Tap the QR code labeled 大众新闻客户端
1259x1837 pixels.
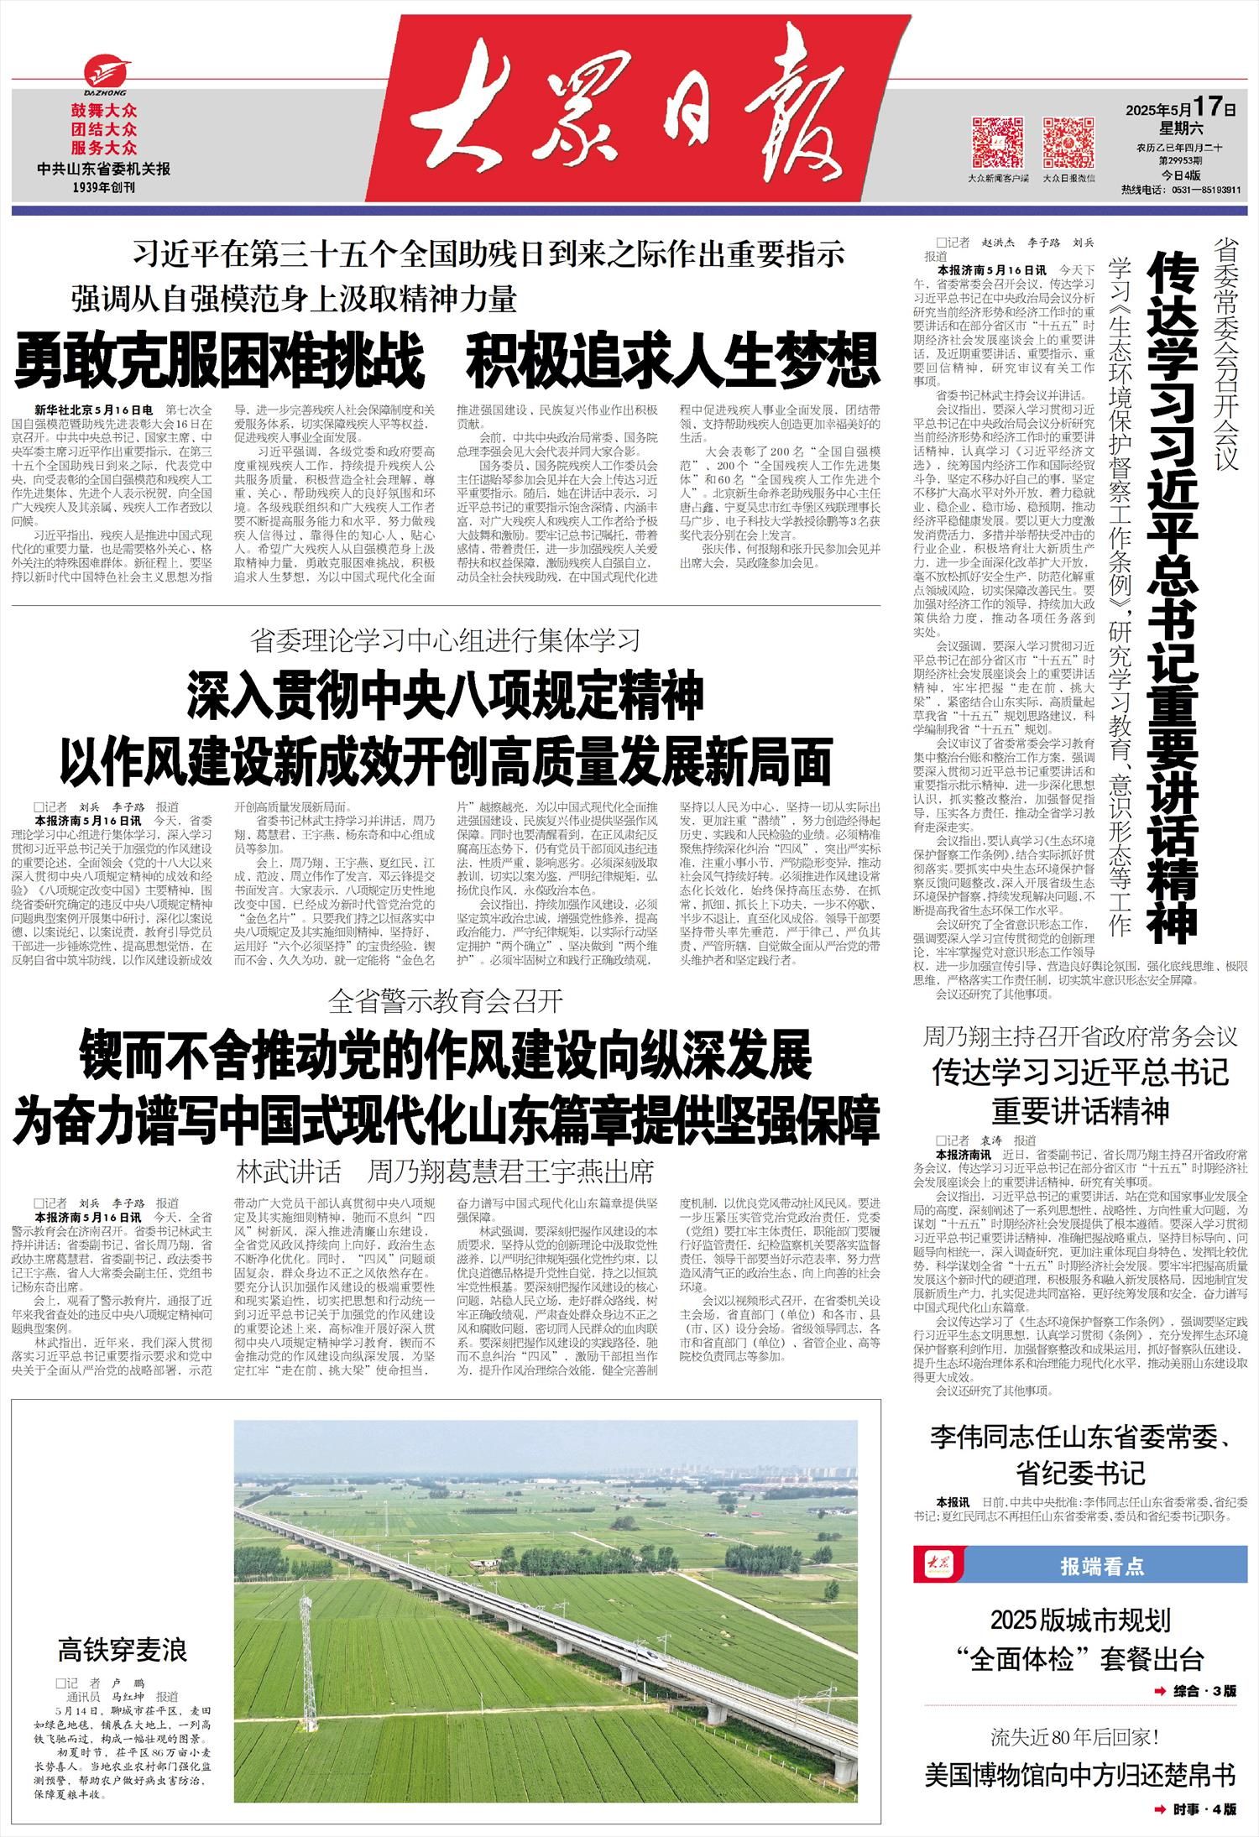998,142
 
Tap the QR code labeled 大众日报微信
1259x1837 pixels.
1068,142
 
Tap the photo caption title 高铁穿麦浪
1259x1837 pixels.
123,1650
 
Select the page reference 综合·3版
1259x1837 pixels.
1204,1690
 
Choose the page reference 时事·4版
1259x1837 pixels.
1204,1808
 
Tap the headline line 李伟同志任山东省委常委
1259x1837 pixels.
1080,1438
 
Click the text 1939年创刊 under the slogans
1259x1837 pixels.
104,187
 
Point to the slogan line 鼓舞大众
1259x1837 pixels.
104,111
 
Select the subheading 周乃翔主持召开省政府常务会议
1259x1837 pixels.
1080,1036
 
